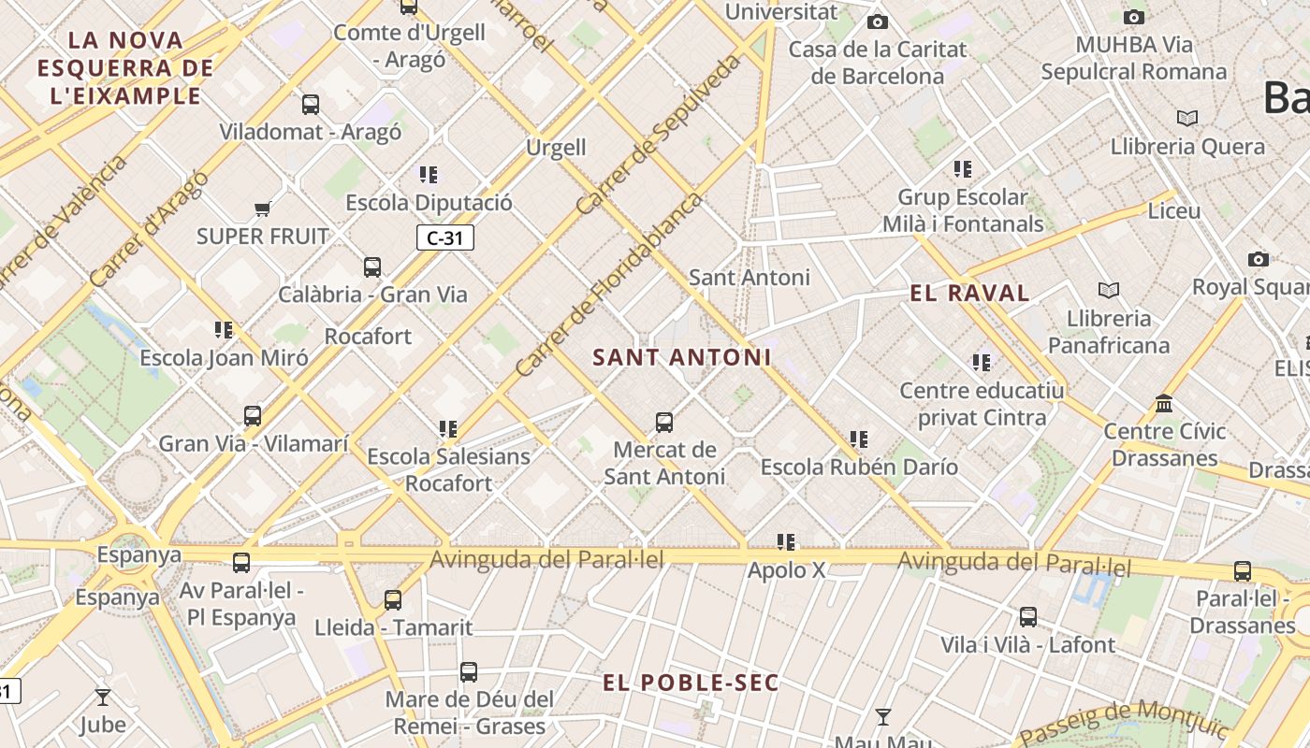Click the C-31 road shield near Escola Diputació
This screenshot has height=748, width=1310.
pos(445,238)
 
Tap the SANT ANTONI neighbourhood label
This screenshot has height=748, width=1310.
pos(682,357)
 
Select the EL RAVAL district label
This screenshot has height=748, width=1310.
pos(969,294)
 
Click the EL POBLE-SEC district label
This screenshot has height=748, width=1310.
pos(691,683)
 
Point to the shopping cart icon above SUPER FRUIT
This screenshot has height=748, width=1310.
pos(263,209)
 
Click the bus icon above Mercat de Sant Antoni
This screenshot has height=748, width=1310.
pos(664,422)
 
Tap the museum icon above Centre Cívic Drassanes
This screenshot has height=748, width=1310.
pos(1164,404)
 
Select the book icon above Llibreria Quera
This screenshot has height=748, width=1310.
pos(1187,119)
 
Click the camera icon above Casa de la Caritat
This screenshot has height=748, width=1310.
pos(877,22)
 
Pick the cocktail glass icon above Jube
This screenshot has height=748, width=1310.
pos(103,697)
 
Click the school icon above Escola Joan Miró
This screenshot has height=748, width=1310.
pos(224,330)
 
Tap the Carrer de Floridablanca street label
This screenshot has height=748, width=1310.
pos(608,285)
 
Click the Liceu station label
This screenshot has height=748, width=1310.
pos(1173,211)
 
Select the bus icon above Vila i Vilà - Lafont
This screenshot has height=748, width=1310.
pos(1028,617)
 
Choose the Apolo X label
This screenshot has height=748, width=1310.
pos(786,569)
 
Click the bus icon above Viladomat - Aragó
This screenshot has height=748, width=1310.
pos(311,105)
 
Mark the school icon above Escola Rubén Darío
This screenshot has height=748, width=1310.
pos(859,439)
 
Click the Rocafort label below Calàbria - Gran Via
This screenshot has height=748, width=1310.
pos(368,337)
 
